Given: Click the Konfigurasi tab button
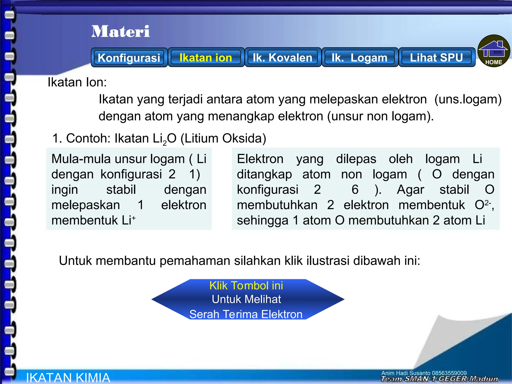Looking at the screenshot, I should tap(129, 58).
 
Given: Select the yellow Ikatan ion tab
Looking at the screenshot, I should tap(206, 58).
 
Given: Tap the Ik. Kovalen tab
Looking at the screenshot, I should tap(282, 58).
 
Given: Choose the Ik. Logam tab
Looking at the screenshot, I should tap(359, 58).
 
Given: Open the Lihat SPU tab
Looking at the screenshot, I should tap(436, 58).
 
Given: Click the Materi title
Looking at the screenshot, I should tap(120, 31).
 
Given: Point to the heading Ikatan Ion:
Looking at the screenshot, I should tap(77, 82).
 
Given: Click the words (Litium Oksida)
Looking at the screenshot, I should tap(223, 138).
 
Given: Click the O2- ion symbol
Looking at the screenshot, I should tap(483, 205).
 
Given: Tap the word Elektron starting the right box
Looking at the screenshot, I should tap(260, 159).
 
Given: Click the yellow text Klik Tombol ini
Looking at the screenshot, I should tap(246, 285).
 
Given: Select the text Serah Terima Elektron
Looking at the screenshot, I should tap(246, 314).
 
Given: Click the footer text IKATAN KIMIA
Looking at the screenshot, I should tap(68, 377).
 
